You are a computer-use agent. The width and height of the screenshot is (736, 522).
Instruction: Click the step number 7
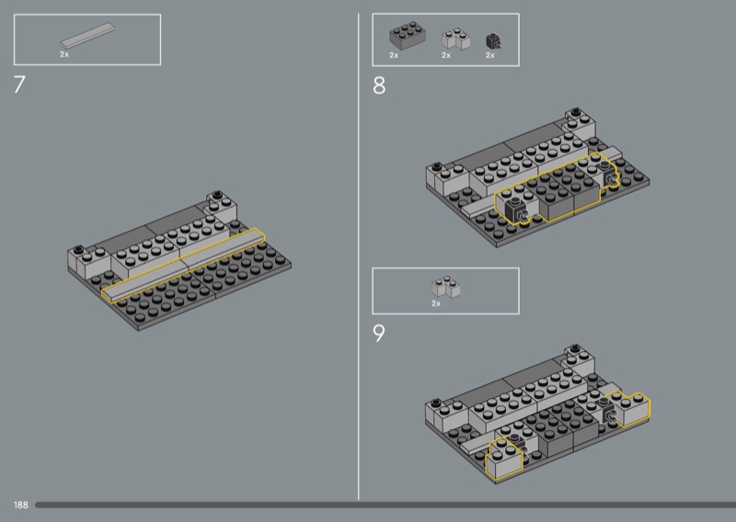(x=19, y=85)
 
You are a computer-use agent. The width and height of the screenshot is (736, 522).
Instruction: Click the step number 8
(x=379, y=85)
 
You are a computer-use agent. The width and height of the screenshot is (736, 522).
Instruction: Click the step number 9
(x=379, y=334)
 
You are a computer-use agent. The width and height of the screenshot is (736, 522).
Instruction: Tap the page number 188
(x=20, y=505)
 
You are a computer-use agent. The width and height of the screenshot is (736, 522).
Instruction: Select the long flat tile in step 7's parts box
(x=87, y=36)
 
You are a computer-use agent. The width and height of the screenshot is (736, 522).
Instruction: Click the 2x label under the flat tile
(x=64, y=54)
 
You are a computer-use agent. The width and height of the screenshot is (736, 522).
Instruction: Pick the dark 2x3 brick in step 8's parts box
(x=408, y=35)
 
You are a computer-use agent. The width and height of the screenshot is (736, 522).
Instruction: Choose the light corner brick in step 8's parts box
(x=455, y=39)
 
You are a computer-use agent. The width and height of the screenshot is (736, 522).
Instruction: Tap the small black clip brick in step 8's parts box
(x=493, y=41)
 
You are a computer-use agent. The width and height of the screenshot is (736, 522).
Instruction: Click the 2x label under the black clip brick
(x=490, y=55)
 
